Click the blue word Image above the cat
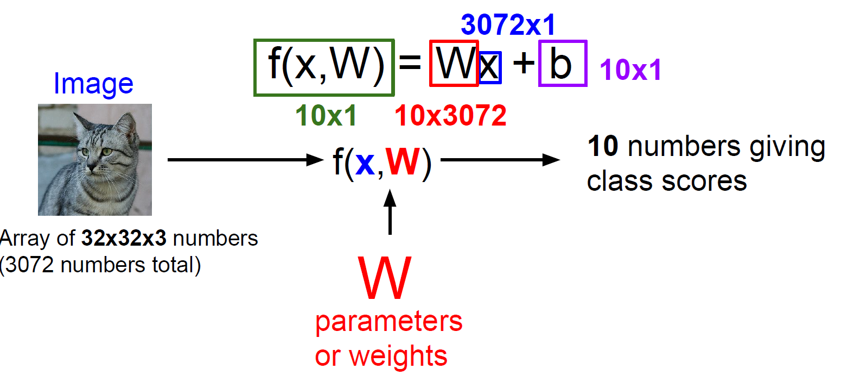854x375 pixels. (x=93, y=84)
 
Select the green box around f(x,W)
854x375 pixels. (x=324, y=67)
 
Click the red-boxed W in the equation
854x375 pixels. (x=454, y=64)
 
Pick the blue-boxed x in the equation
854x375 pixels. (x=489, y=67)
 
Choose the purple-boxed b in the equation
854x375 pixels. (x=562, y=64)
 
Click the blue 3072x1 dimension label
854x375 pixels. (x=508, y=25)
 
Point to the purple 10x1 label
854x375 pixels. (x=630, y=70)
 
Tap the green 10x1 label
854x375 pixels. (x=326, y=116)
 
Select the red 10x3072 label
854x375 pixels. (x=450, y=116)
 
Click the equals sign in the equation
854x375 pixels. (x=410, y=62)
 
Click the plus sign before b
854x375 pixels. (x=524, y=62)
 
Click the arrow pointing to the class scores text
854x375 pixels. (x=500, y=160)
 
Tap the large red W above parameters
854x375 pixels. (x=385, y=278)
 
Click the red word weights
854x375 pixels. (x=399, y=357)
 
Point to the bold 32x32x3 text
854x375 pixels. (x=124, y=239)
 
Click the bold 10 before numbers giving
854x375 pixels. (x=603, y=147)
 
